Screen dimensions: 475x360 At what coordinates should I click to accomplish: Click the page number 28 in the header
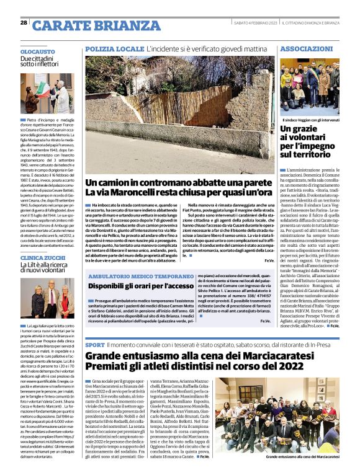(24, 23)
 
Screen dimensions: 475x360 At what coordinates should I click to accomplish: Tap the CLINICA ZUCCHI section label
(43, 257)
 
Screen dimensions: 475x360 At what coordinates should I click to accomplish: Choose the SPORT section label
(94, 344)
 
